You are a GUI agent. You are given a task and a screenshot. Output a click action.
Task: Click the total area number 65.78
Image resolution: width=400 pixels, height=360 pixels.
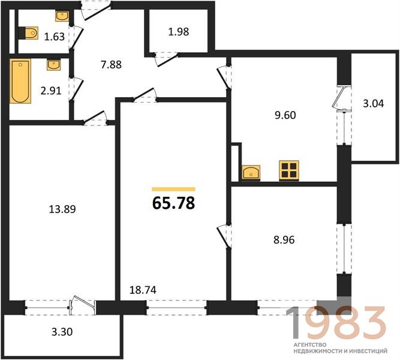click(x=173, y=203)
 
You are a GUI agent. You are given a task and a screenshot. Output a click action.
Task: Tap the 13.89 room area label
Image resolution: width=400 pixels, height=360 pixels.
click(x=62, y=209)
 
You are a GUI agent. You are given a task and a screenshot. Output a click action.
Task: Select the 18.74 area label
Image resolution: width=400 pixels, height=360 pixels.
click(x=143, y=290)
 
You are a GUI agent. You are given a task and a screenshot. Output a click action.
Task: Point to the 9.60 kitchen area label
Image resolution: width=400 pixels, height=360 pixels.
click(x=285, y=115)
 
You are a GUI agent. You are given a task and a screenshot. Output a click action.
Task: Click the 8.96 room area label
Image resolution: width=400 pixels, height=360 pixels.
click(x=284, y=240)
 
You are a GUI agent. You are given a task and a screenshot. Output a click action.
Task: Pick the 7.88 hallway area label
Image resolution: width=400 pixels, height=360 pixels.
click(x=111, y=65)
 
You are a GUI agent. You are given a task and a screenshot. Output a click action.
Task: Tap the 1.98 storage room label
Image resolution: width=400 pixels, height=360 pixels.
click(x=179, y=32)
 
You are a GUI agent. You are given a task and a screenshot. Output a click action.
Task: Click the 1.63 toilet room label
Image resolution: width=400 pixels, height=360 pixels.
click(x=55, y=37)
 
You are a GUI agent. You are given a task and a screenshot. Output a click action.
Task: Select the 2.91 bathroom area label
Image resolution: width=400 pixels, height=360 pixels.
click(x=51, y=91)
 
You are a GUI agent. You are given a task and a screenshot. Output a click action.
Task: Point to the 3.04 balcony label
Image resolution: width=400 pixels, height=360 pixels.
click(x=373, y=104)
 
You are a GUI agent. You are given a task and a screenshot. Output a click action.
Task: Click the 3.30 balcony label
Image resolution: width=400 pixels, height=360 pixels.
click(x=62, y=332)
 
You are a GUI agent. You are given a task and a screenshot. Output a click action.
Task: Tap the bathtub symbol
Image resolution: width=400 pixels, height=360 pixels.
click(x=20, y=81)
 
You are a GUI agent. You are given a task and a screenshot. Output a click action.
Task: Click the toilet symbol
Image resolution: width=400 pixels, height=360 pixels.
click(x=29, y=33)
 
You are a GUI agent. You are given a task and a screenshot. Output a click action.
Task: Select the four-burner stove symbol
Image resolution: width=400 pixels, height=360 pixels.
click(x=289, y=170)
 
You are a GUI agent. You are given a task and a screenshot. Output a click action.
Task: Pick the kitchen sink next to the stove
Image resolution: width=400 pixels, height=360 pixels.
click(x=251, y=172)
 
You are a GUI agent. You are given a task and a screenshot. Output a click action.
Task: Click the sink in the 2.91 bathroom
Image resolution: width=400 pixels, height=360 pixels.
click(x=54, y=65)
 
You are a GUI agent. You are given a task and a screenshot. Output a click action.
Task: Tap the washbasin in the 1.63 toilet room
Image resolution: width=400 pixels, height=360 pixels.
click(x=62, y=16)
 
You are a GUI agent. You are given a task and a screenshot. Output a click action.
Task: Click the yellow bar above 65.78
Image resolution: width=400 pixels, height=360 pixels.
click(x=173, y=189)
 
